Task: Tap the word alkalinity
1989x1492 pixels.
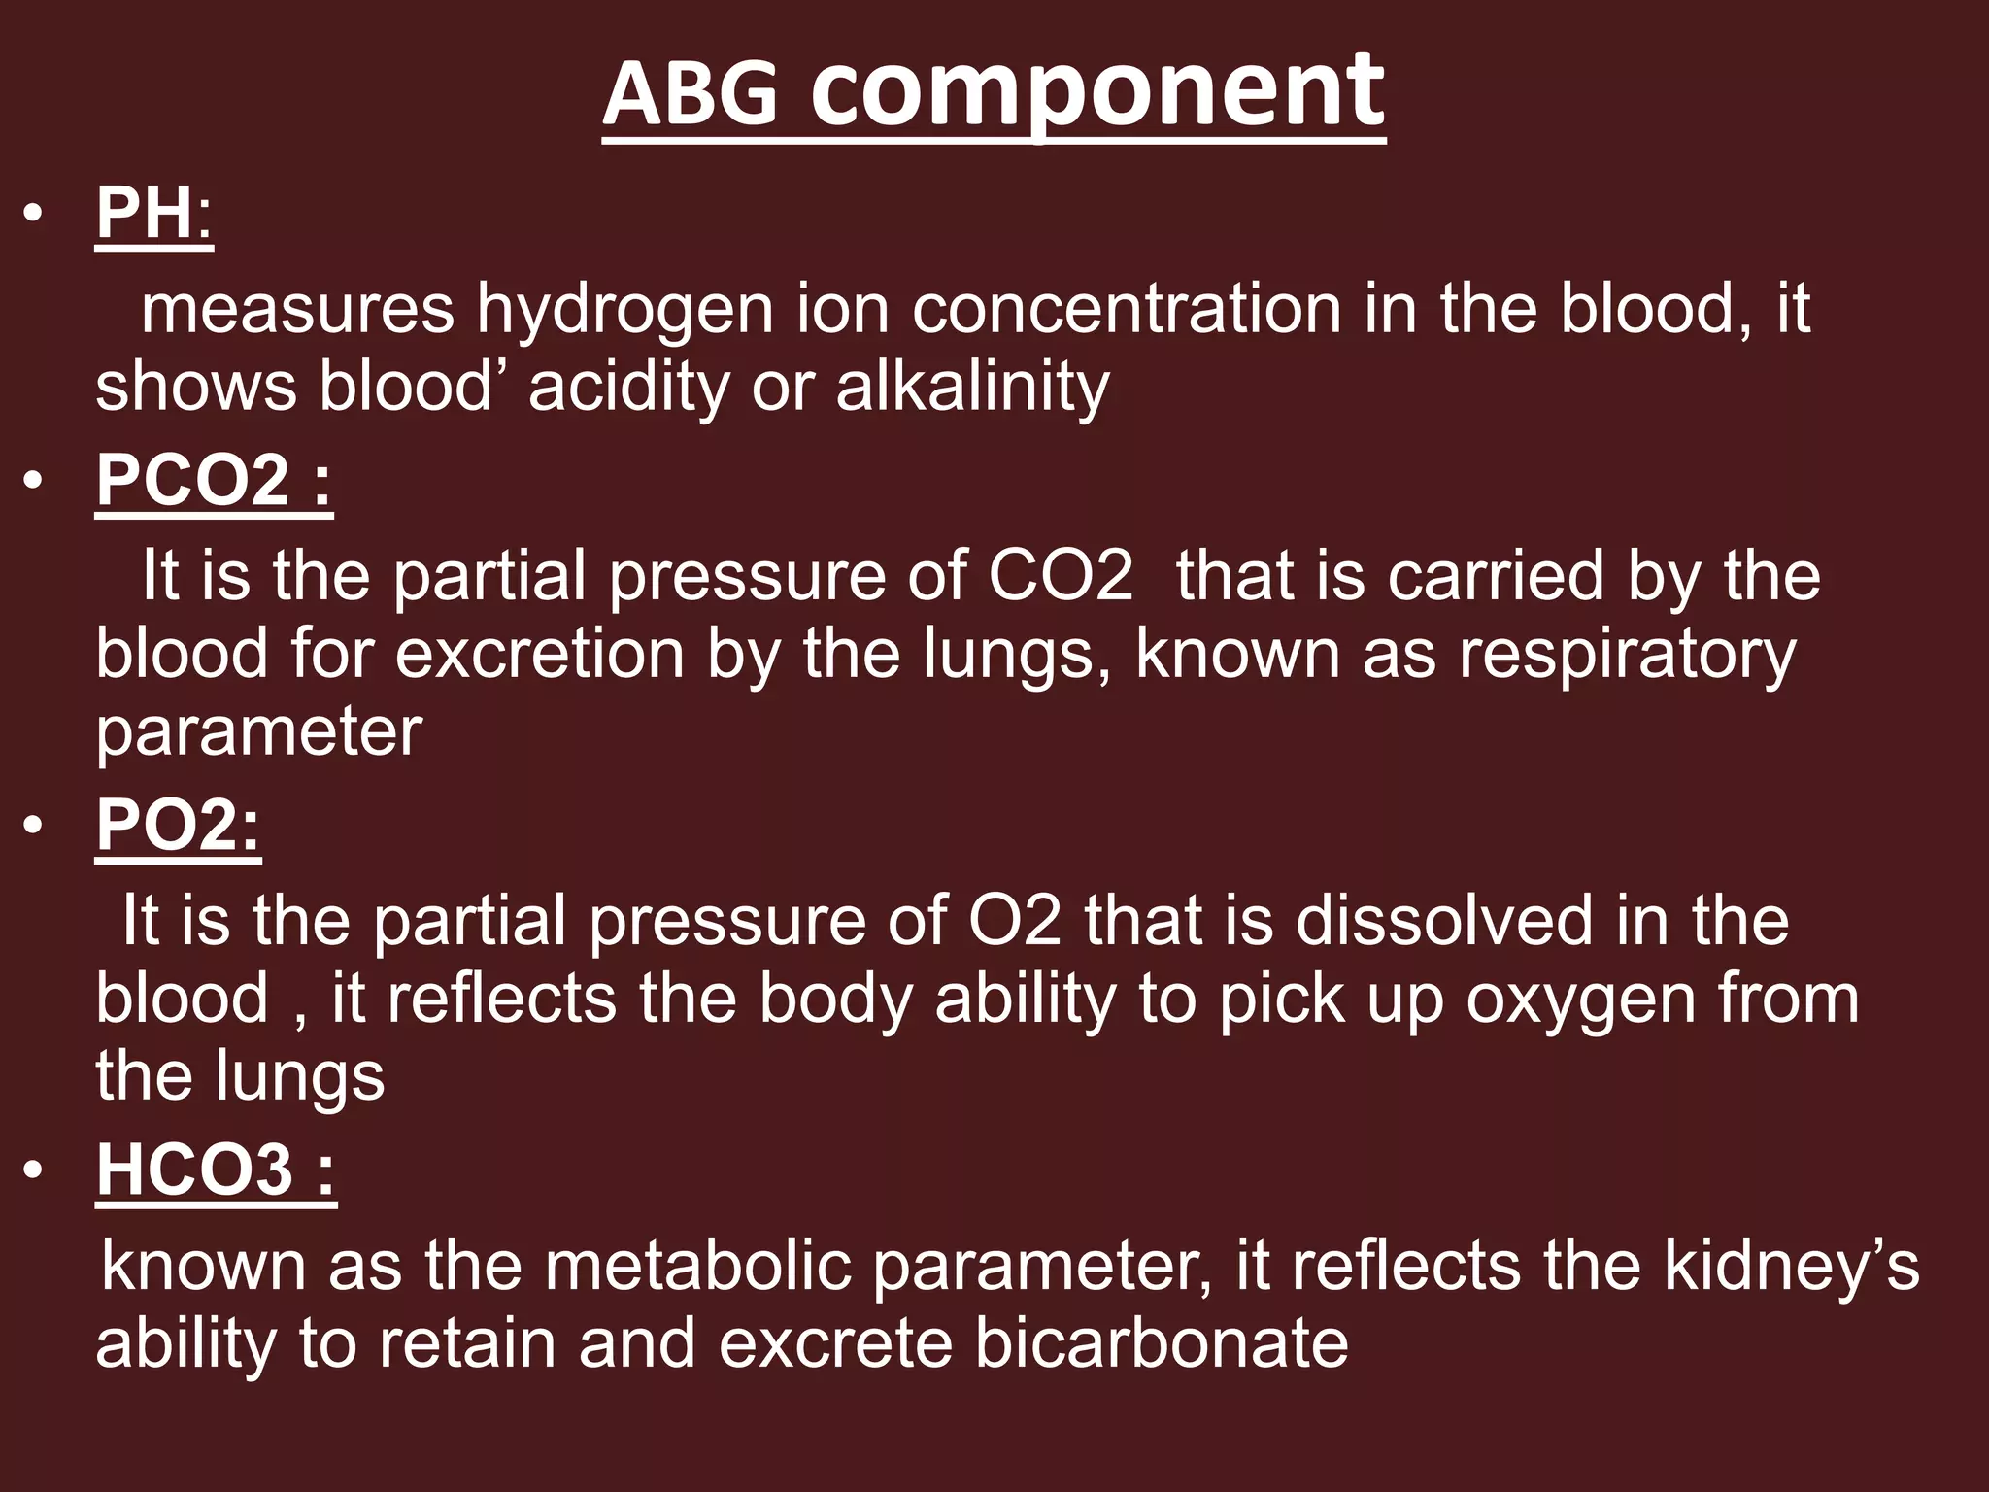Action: coord(972,387)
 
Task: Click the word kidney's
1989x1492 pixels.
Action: coord(1792,1267)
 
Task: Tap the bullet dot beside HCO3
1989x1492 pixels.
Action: coord(34,1170)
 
